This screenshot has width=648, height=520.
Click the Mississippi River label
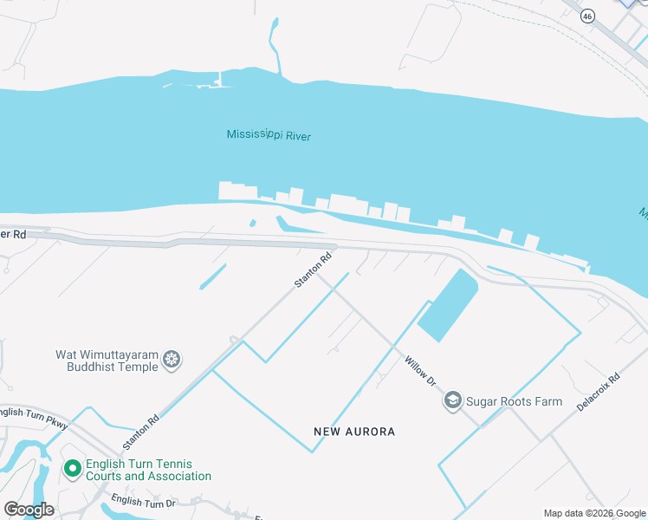[x=269, y=135]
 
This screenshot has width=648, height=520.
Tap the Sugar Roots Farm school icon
[x=452, y=401]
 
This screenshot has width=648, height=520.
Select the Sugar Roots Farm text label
[x=514, y=402]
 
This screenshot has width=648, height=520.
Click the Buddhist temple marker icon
[x=172, y=360]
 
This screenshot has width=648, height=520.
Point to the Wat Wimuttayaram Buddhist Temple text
[x=107, y=361]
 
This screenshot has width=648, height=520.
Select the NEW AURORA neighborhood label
[x=354, y=432]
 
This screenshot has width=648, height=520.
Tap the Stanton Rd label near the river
[x=314, y=270]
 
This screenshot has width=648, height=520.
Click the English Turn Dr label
[x=143, y=502]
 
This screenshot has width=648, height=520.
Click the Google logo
[x=29, y=510]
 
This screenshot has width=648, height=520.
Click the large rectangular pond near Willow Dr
[x=448, y=305]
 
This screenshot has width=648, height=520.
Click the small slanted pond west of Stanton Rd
[x=212, y=276]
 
